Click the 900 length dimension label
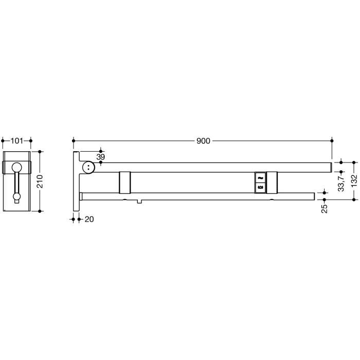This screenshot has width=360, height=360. tap(203, 141)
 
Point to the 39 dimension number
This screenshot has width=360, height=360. tap(100, 156)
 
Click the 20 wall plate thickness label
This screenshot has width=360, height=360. tap(88, 219)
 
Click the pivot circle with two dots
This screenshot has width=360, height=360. tap(88, 167)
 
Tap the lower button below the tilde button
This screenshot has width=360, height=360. tap(260, 188)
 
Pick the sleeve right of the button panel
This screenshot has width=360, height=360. tap(273, 182)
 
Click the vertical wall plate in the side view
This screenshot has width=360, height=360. tap(76, 181)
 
